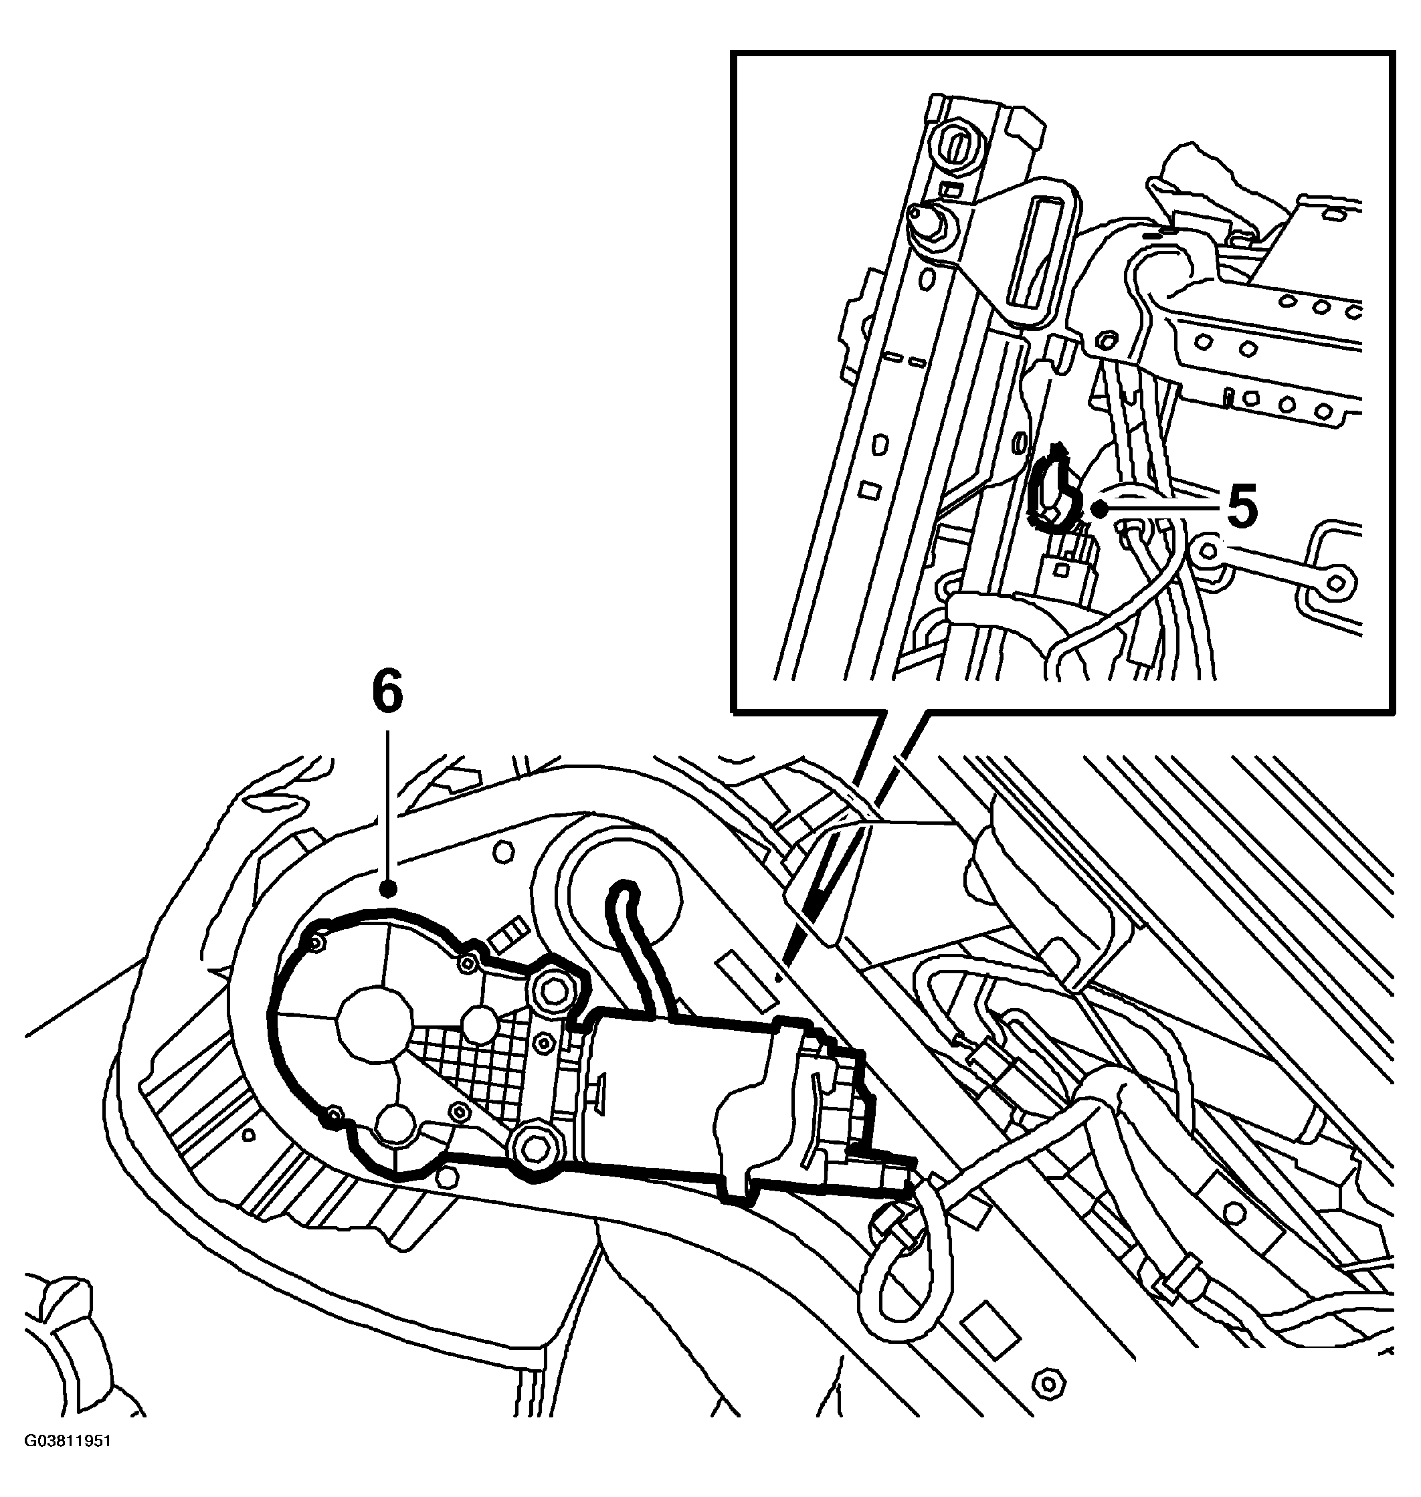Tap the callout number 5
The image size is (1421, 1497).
point(1242,505)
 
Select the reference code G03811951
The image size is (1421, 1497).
point(68,1462)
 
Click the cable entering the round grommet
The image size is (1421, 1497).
point(636,946)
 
